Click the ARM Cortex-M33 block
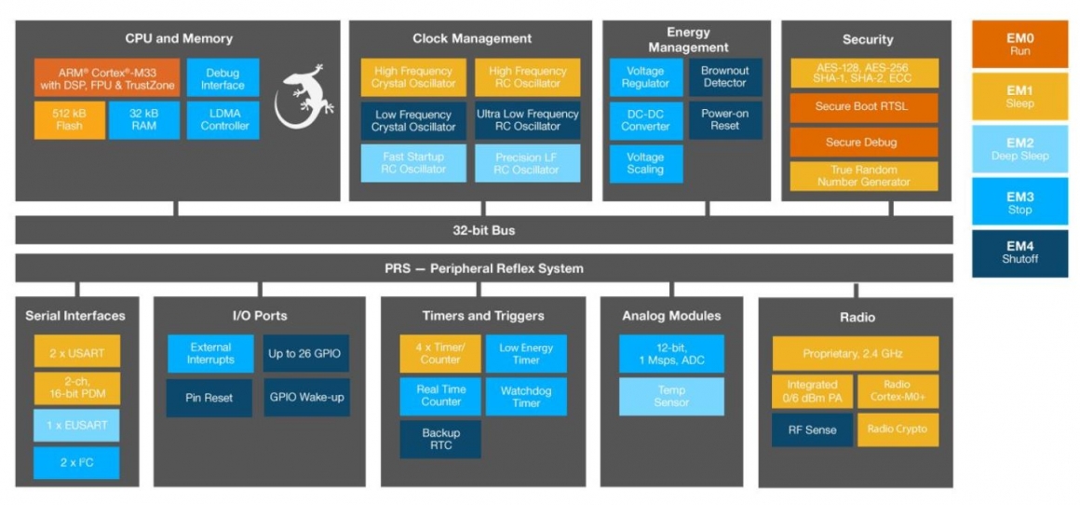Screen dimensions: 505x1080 click(107, 78)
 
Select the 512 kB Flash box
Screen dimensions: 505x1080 click(70, 120)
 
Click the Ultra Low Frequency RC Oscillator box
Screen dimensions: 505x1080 click(527, 120)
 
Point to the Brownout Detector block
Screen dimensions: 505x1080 click(724, 77)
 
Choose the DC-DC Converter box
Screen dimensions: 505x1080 click(645, 120)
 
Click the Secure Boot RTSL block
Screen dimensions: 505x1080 click(862, 106)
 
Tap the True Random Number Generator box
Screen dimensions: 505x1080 click(863, 176)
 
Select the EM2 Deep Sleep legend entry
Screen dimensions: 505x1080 click(1019, 149)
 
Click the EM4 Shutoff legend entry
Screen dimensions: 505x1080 click(1019, 252)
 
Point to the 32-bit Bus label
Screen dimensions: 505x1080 click(483, 230)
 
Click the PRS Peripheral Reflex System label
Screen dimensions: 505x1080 click(483, 268)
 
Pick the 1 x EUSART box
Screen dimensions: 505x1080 click(77, 425)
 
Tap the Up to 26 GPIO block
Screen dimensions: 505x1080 click(305, 354)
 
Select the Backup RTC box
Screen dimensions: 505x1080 click(440, 439)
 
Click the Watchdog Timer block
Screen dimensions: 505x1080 click(526, 397)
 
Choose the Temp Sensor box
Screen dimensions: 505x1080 click(671, 396)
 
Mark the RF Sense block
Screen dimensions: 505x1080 click(812, 430)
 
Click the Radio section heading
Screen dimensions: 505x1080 click(856, 318)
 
